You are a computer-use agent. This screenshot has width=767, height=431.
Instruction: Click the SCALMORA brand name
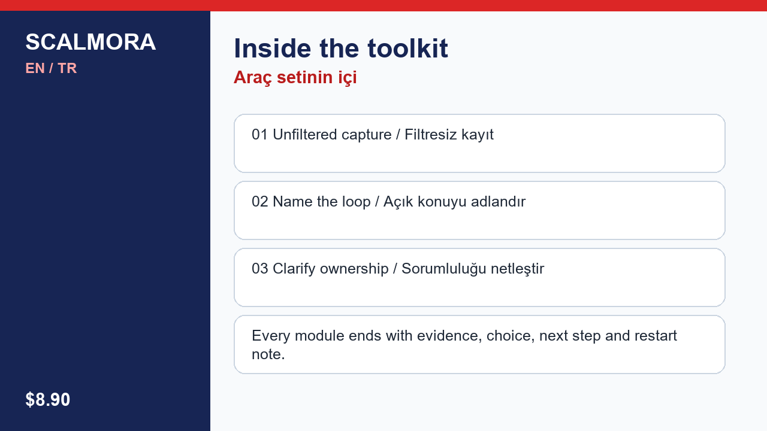[x=90, y=42]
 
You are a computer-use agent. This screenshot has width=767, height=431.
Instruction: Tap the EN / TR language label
[x=51, y=68]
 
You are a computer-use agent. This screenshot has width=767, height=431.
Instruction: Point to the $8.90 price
[x=47, y=399]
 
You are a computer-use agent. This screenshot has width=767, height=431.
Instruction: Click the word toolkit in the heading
[x=408, y=48]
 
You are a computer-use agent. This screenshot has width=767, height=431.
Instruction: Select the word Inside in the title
[x=273, y=48]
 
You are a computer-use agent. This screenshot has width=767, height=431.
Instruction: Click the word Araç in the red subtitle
[x=253, y=78]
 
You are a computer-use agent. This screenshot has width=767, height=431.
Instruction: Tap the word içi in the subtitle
[x=348, y=78]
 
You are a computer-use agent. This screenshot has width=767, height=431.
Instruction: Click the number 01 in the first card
[x=260, y=135]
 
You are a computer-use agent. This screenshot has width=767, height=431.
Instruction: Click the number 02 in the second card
[x=260, y=202]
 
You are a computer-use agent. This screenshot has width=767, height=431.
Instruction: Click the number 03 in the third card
[x=260, y=269]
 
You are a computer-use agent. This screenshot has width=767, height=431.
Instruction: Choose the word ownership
[x=354, y=269]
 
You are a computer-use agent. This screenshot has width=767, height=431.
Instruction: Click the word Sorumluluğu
[x=444, y=269]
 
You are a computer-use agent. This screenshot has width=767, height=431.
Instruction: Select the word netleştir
[x=517, y=269]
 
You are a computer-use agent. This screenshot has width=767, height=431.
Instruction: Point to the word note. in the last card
[x=268, y=354]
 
